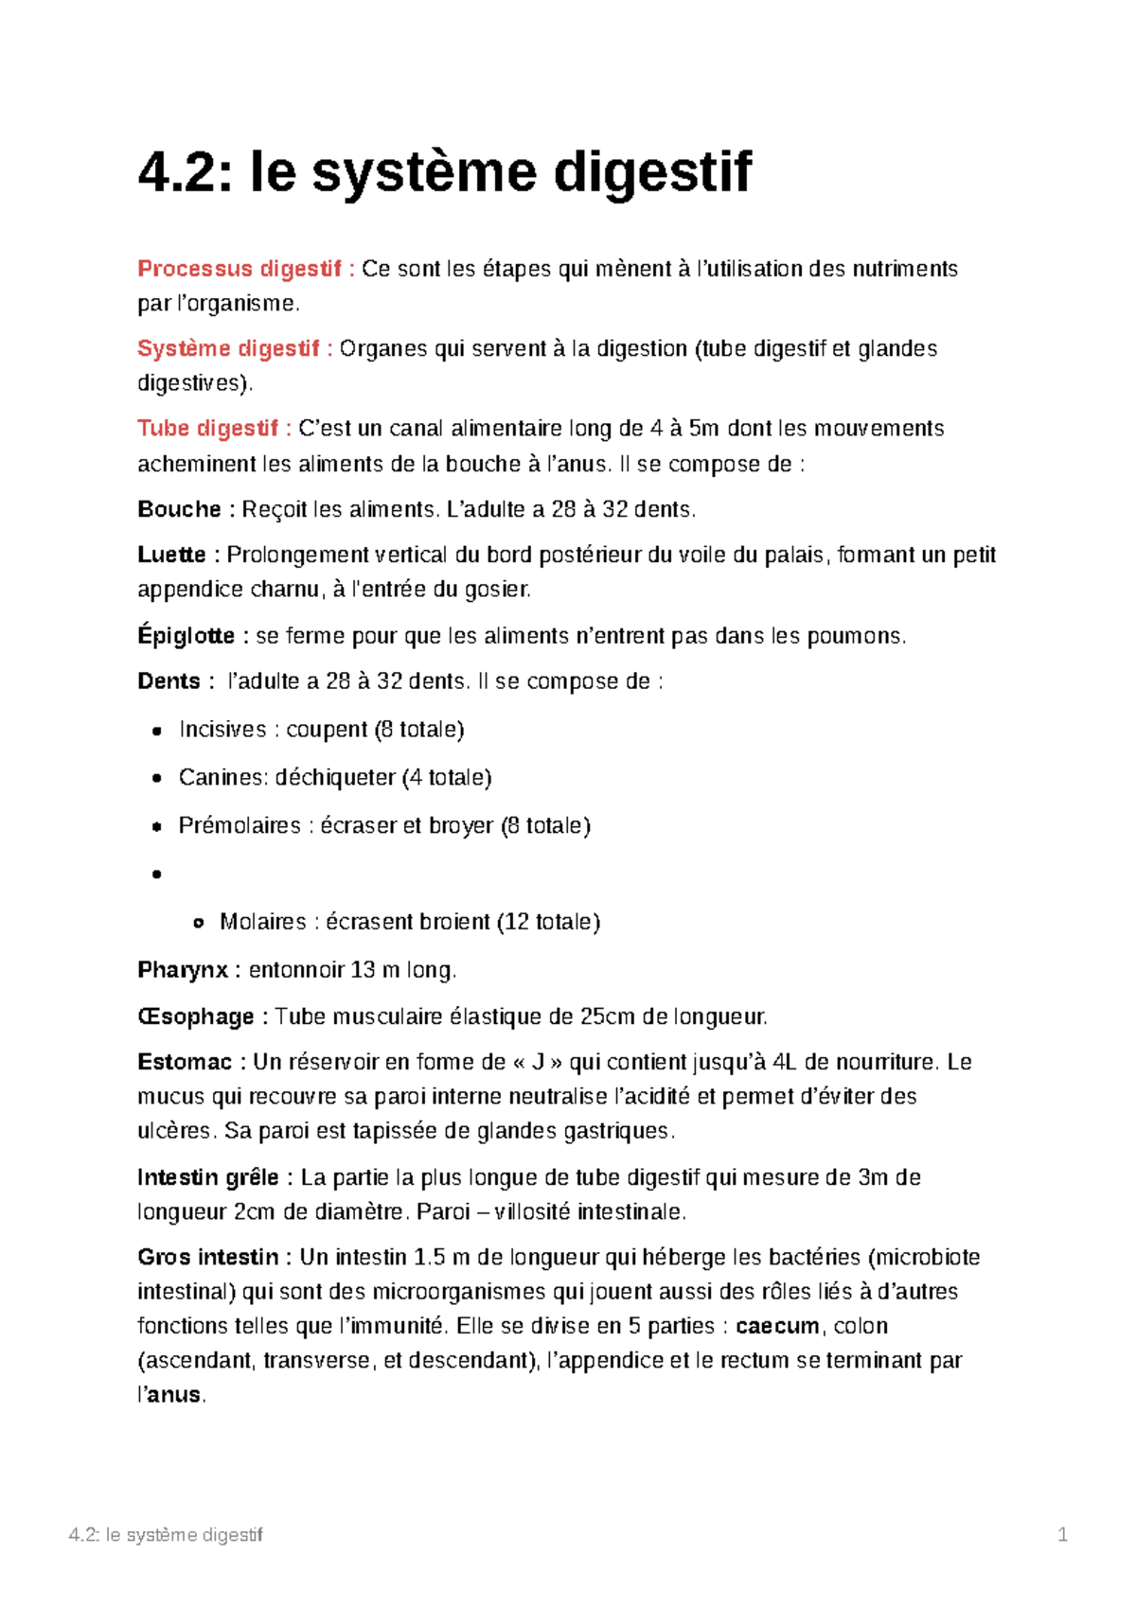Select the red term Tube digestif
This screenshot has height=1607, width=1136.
(207, 429)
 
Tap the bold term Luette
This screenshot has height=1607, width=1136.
(171, 555)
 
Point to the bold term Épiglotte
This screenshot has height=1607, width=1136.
(186, 636)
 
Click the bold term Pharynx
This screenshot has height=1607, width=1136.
(183, 970)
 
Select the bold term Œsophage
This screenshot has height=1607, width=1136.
(195, 1017)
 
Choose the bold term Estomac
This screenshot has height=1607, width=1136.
(184, 1062)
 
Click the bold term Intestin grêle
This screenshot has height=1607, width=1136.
(207, 1177)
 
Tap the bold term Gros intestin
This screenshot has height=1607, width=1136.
(207, 1257)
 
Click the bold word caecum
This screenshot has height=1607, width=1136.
(777, 1326)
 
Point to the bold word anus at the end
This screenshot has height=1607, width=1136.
(174, 1395)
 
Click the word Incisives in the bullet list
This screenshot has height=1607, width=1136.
(222, 730)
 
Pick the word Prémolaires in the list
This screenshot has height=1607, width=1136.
(240, 826)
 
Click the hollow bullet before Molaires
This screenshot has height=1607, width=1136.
(198, 923)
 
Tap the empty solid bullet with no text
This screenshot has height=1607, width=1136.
(157, 874)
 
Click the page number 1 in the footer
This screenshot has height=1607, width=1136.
(1062, 1535)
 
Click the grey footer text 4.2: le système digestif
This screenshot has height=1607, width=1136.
(166, 1535)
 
